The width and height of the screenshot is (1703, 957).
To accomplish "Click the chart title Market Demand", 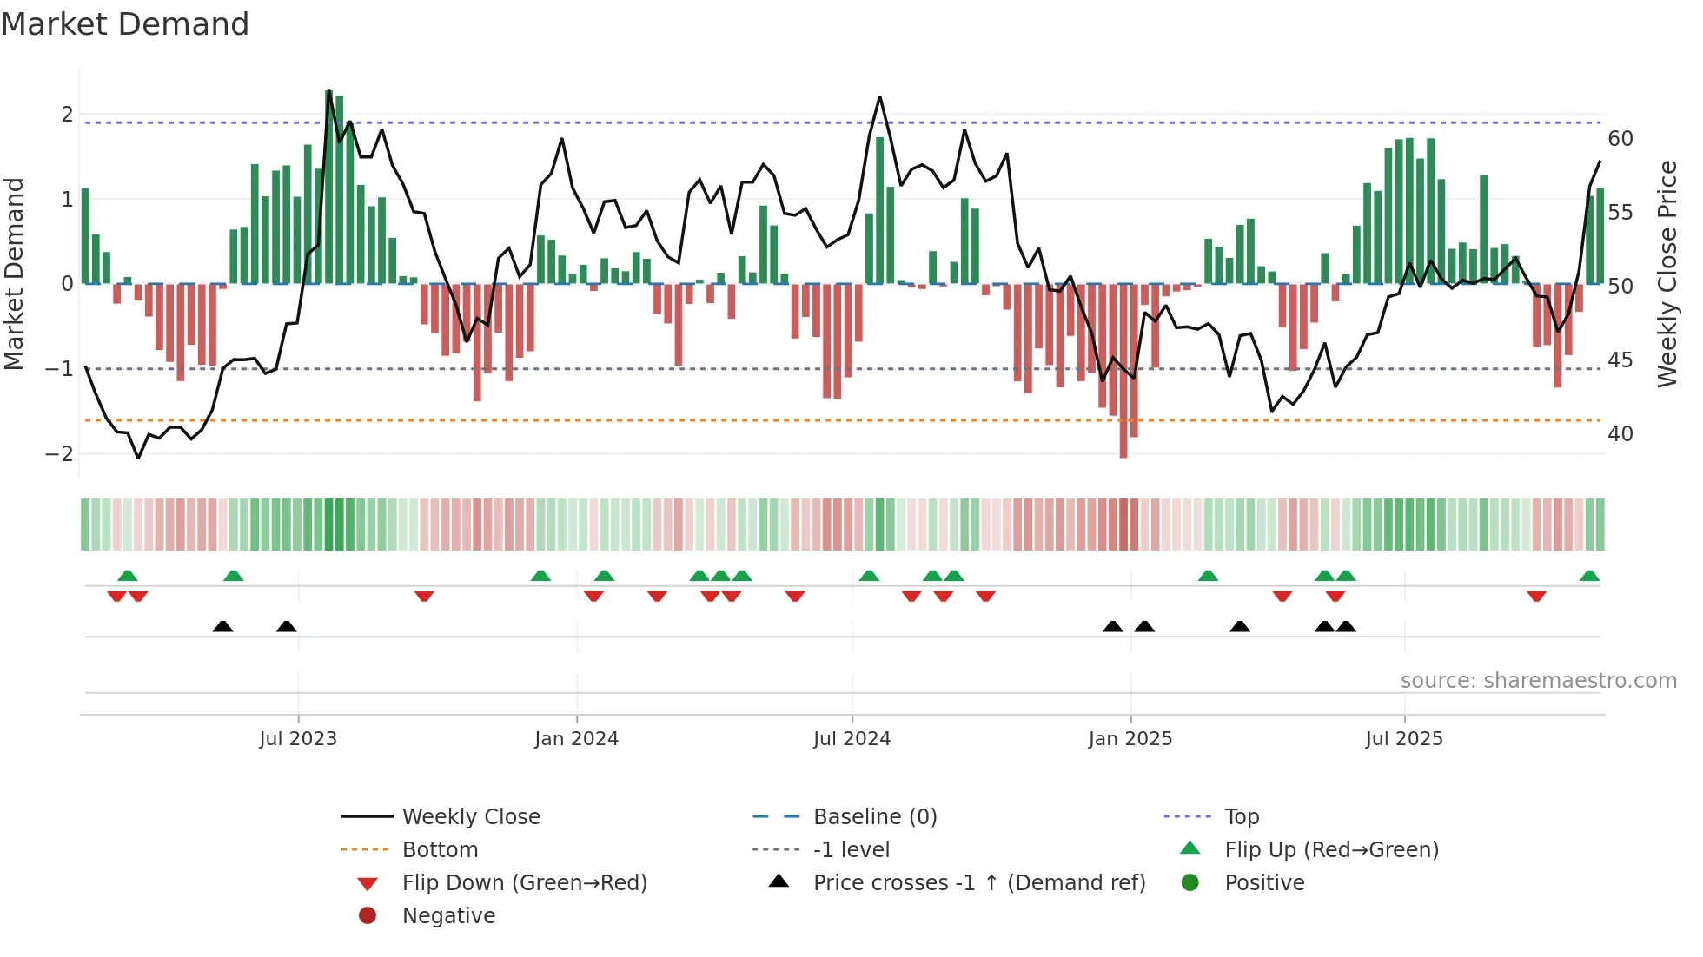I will tap(125, 24).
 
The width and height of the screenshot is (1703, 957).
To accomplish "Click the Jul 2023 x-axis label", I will tap(298, 739).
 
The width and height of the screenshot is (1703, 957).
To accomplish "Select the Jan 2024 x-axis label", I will tap(576, 739).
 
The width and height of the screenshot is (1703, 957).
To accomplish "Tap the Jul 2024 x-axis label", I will tap(851, 739).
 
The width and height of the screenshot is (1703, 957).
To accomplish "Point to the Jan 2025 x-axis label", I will tap(1130, 739).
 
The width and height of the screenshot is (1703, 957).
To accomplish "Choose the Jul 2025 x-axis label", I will tap(1403, 739).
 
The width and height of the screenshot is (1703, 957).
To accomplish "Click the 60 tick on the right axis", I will tap(1620, 139).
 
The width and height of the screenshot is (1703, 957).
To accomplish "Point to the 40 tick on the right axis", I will tap(1620, 433).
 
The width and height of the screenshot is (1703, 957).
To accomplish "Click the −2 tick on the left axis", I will tap(59, 453).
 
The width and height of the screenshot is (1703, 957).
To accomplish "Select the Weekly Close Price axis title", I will tap(1667, 274).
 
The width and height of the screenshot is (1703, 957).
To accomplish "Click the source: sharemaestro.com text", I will tap(1538, 681).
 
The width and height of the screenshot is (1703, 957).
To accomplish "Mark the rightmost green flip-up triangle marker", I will tap(1589, 576).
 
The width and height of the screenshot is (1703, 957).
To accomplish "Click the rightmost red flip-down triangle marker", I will tap(1536, 596).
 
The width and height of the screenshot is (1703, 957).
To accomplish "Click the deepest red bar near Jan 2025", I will tap(1123, 373).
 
